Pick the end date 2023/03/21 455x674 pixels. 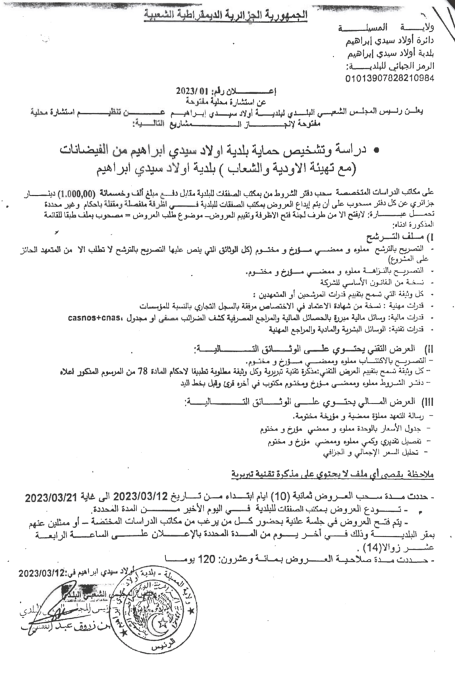[x=59, y=496]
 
